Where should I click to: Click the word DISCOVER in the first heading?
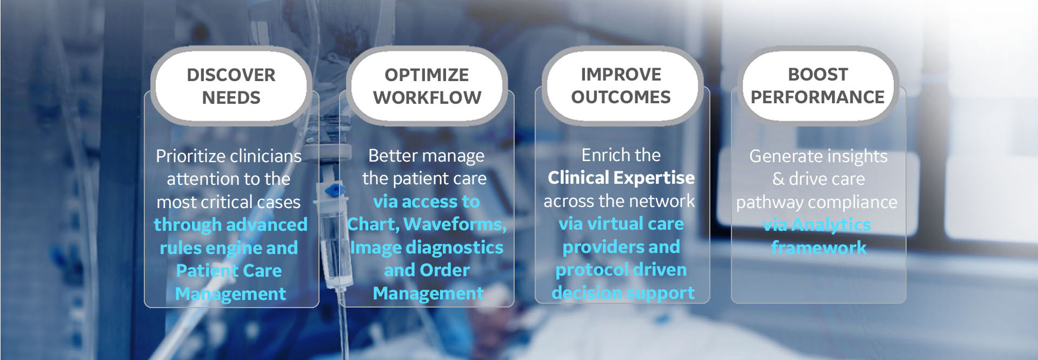(x=231, y=75)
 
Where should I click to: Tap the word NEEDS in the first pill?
(x=231, y=98)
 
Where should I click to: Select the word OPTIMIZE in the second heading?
(x=427, y=75)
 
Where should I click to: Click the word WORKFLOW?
(x=427, y=98)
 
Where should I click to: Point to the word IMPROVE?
(x=621, y=74)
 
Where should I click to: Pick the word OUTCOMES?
(x=621, y=97)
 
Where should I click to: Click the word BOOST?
(x=818, y=74)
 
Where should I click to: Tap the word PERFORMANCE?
(x=817, y=97)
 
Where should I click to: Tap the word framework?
(x=819, y=248)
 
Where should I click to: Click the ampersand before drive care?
(x=778, y=179)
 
